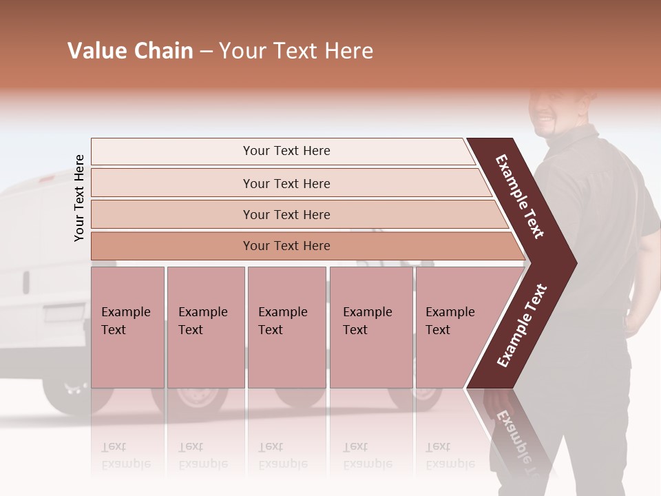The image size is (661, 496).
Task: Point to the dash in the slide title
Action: pos(206,52)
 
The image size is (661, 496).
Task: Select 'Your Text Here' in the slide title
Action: pos(296,51)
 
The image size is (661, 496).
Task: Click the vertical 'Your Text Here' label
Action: pos(79,198)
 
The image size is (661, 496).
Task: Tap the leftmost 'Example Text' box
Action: pos(127,327)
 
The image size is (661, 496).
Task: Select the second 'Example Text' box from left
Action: pos(205,327)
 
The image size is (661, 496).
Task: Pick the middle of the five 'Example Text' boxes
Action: pos(286,327)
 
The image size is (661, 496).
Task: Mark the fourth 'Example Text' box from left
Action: pos(371,327)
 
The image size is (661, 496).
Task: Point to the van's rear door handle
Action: pos(25,281)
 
